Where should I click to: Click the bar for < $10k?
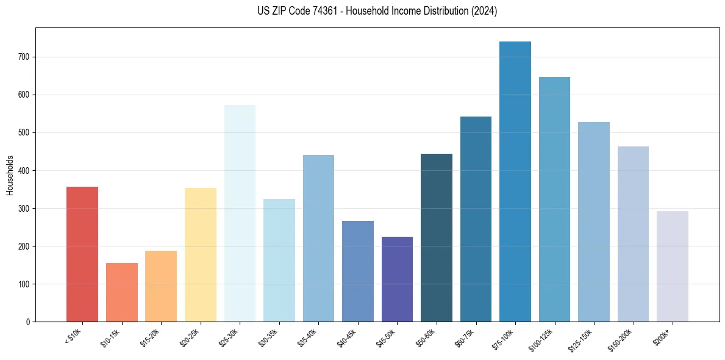[x=82, y=254]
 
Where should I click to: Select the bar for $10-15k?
[x=122, y=292]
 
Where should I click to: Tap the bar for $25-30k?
[x=240, y=213]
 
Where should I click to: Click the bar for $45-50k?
[x=397, y=279]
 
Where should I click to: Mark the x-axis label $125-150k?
[x=584, y=339]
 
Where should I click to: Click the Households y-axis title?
[x=10, y=175]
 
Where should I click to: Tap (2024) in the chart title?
[x=484, y=11]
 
